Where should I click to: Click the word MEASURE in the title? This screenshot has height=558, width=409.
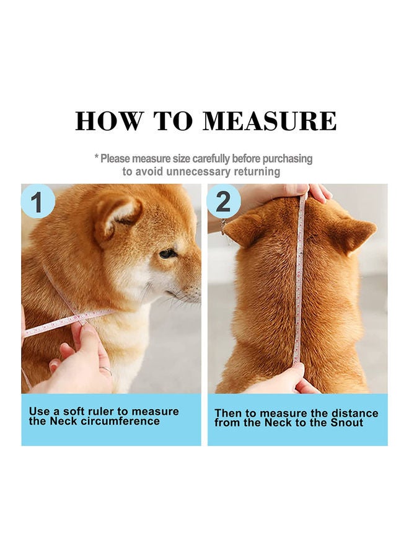coord(269,122)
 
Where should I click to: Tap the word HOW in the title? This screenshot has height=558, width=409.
coord(109,122)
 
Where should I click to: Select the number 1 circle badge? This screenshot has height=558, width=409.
coord(38,201)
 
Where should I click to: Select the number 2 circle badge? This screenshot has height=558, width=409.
coord(223,201)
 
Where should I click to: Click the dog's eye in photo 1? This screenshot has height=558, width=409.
coord(167,254)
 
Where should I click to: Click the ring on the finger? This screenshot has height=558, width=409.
coord(106,371)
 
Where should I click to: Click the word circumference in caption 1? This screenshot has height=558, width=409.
coord(120,421)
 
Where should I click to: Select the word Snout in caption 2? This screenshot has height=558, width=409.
coord(347,423)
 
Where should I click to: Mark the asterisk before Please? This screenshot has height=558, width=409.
coord(97,157)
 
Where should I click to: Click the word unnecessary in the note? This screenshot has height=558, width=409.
coord(198,172)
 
